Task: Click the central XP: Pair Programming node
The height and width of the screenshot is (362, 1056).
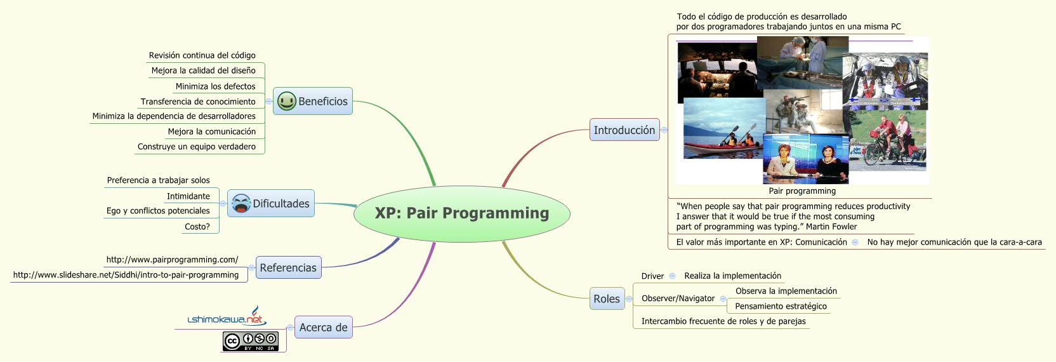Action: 462,213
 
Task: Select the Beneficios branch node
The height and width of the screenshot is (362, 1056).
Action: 322,102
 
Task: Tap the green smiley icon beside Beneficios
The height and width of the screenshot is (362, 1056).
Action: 287,101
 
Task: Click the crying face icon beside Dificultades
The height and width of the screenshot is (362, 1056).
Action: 241,204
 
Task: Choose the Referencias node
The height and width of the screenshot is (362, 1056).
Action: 288,268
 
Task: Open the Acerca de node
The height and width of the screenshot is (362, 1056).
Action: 323,328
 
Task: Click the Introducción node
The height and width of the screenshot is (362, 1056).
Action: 624,130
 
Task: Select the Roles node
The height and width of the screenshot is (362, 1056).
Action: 607,299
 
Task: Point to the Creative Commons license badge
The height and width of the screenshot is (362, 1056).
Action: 251,341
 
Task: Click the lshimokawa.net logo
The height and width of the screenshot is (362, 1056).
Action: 227,318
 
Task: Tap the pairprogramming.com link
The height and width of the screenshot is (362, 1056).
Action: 172,260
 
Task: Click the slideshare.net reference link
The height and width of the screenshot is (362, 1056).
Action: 126,275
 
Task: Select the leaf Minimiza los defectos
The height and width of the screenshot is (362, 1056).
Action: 216,86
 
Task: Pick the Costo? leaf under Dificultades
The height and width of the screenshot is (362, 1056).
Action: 197,227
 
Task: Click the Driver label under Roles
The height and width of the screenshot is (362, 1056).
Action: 652,276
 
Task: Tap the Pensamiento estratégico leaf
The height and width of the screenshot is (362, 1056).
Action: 781,306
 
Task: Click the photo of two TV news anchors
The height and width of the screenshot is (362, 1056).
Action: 805,159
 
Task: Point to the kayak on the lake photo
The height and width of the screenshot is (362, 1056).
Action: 723,130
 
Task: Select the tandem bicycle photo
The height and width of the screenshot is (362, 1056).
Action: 887,140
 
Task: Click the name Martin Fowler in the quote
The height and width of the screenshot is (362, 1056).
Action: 831,227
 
